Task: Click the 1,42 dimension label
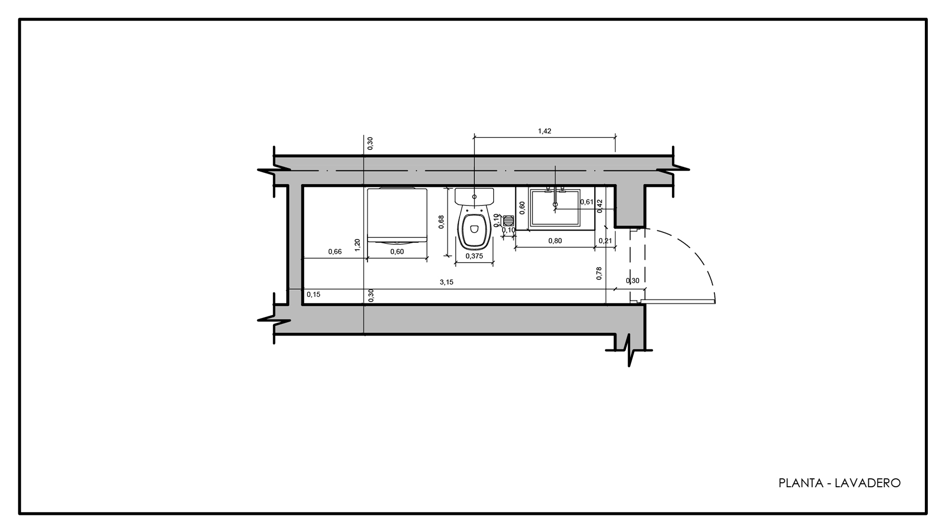pyautogui.click(x=544, y=131)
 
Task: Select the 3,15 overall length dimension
pyautogui.click(x=446, y=282)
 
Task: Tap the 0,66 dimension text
pyautogui.click(x=335, y=252)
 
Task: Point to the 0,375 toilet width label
pyautogui.click(x=474, y=256)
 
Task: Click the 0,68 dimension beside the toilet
pyautogui.click(x=441, y=222)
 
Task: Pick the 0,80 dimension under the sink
pyautogui.click(x=555, y=241)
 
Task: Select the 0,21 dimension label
pyautogui.click(x=605, y=241)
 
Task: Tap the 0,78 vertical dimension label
pyautogui.click(x=599, y=273)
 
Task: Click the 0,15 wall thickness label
pyautogui.click(x=313, y=295)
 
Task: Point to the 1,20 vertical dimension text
pyautogui.click(x=358, y=245)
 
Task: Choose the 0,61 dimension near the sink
pyautogui.click(x=586, y=202)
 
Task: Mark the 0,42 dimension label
pyautogui.click(x=600, y=205)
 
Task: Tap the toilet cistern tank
pyautogui.click(x=474, y=197)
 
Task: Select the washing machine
pyautogui.click(x=397, y=216)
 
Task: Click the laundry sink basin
pyautogui.click(x=555, y=207)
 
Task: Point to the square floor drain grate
pyautogui.click(x=509, y=219)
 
